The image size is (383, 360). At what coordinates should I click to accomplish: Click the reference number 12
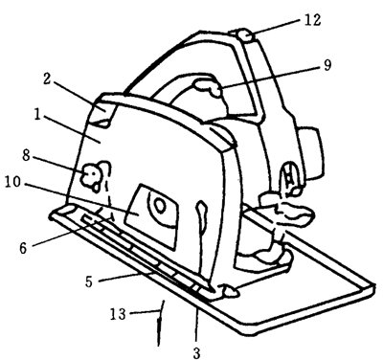coord(312,20)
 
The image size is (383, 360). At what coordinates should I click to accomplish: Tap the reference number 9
coord(327,65)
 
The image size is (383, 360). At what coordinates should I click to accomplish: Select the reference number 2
coord(47,79)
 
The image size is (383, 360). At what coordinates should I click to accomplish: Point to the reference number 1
coord(38,115)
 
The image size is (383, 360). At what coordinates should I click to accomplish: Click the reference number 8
coord(26,155)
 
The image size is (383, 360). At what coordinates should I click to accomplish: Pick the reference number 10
coord(12,182)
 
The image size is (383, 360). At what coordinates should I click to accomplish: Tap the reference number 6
coord(23,248)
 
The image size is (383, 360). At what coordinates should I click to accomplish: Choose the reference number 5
coord(89,281)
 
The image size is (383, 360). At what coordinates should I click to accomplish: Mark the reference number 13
coord(118,314)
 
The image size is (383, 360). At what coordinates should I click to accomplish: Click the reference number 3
coord(196,353)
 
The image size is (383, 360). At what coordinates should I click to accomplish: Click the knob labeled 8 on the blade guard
coord(90,176)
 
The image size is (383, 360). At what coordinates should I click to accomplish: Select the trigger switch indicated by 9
coord(209,88)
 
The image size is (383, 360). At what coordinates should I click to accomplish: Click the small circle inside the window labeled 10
coord(160,206)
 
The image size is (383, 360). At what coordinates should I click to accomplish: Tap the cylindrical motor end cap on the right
coord(310,153)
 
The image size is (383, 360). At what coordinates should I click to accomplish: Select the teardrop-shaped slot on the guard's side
coord(202,218)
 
